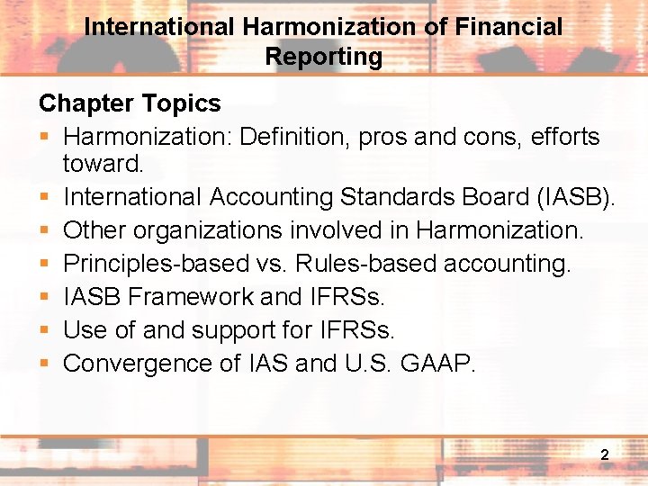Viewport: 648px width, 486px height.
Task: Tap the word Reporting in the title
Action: (324, 57)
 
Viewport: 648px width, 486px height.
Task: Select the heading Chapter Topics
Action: (130, 103)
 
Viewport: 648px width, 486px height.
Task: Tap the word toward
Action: (103, 164)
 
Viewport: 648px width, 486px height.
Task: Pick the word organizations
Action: (209, 230)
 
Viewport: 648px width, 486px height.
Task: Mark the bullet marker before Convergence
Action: (44, 364)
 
